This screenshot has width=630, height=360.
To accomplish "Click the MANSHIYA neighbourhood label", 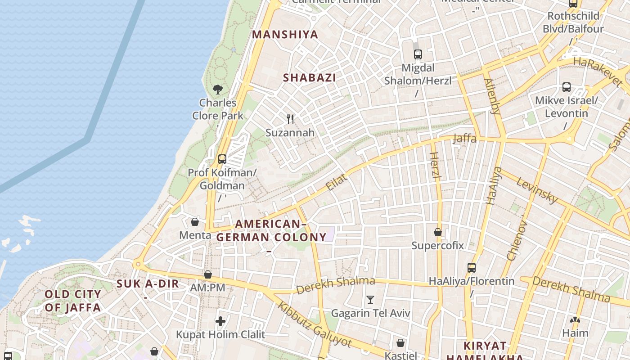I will point(285,35).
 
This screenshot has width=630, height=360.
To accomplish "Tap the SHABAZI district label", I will point(310,77).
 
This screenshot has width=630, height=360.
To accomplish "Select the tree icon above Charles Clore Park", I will point(218,89).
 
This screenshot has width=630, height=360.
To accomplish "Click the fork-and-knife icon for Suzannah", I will point(290,119).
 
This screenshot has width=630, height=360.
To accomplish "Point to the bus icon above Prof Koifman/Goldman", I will point(222,159).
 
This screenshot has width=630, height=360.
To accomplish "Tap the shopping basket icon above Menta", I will point(195,222).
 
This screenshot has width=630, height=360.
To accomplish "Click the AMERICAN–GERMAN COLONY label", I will point(271,230).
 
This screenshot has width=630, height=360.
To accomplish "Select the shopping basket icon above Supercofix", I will point(437,232).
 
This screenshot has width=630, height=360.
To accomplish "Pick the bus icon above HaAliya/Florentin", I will point(471,268).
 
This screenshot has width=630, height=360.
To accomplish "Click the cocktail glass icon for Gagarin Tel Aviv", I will point(370,299).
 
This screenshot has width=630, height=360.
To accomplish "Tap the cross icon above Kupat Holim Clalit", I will point(220,321).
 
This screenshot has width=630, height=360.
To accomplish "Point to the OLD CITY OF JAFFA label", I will point(72,301).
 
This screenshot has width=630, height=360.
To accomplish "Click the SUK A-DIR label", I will point(148,284).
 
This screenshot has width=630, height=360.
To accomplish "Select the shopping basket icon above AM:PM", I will point(207,274).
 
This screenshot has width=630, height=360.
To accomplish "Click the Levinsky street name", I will point(537,190).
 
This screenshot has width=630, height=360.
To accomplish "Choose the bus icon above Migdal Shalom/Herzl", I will point(418,54).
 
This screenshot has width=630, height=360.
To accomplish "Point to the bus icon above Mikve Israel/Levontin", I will point(566,87).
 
